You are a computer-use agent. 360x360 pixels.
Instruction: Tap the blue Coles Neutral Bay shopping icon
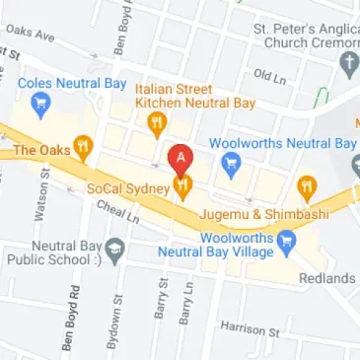click(x=40, y=103)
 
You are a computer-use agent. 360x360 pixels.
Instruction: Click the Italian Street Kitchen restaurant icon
click(x=155, y=123)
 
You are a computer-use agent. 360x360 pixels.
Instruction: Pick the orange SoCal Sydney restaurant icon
click(x=182, y=186)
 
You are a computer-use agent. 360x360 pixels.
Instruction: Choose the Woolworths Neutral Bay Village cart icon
click(x=286, y=240)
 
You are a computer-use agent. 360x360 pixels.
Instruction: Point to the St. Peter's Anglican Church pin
click(x=347, y=65)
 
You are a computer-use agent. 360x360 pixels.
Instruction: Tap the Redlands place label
click(x=326, y=278)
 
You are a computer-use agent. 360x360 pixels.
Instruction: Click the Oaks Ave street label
click(x=31, y=34)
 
